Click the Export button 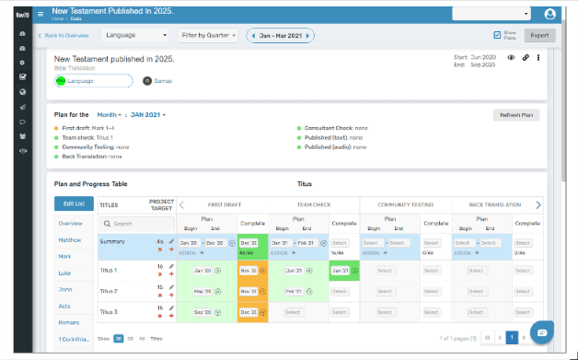click(x=539, y=36)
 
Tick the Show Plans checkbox click(x=498, y=35)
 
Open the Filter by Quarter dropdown click(x=209, y=36)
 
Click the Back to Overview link click(x=64, y=36)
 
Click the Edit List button click(x=74, y=203)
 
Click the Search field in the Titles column click(x=133, y=223)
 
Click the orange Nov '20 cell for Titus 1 click(x=249, y=271)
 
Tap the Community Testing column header click(x=404, y=204)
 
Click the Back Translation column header click(x=495, y=204)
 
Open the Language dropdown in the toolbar click(x=133, y=36)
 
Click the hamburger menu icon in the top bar click(x=40, y=14)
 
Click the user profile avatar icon click(x=550, y=14)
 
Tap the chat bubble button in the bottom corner click(x=542, y=331)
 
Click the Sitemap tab click(x=157, y=81)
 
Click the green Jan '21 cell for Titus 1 click(x=341, y=271)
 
